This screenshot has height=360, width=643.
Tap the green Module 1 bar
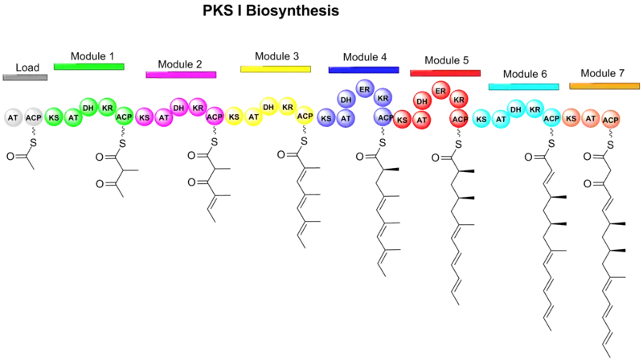click(x=88, y=65)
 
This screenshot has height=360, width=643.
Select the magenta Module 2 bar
click(x=181, y=75)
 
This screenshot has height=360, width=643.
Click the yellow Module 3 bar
click(x=276, y=70)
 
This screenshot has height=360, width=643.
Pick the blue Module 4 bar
click(x=364, y=70)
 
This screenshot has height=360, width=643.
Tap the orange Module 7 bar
click(x=604, y=84)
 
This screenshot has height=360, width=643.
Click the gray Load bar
click(x=26, y=77)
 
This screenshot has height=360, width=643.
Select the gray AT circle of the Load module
click(x=13, y=117)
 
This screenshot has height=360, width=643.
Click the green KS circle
click(x=54, y=117)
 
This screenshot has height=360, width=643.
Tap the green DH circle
click(x=88, y=105)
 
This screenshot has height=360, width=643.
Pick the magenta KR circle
click(x=198, y=105)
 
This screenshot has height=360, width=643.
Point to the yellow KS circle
click(x=234, y=117)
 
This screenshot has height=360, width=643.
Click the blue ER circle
click(x=364, y=87)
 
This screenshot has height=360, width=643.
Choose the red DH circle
click(x=422, y=100)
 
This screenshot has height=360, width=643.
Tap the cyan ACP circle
click(x=551, y=118)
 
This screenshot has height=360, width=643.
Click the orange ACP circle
click(x=610, y=119)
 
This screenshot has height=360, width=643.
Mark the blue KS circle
click(x=326, y=118)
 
